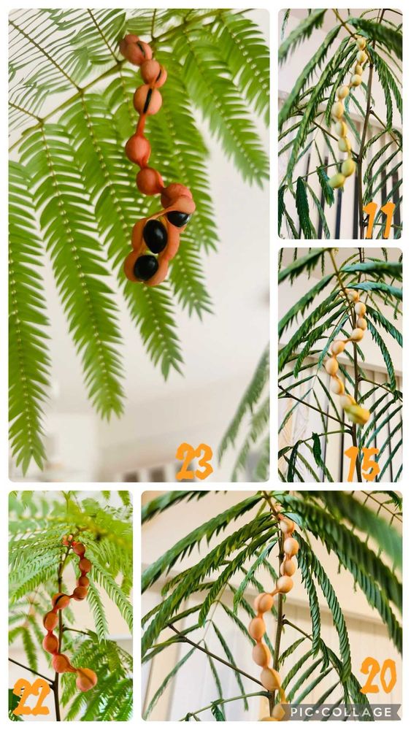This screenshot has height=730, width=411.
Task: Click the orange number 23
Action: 194,461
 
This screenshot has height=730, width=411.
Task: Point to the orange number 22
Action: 31,696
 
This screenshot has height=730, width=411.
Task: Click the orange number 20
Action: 378,675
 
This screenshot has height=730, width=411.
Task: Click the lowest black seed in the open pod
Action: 146,268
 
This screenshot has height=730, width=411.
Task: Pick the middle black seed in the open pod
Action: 155,236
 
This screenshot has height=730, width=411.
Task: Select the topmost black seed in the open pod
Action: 178,218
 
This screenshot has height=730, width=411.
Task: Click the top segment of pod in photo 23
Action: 136,48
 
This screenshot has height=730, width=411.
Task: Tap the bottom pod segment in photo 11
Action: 337,180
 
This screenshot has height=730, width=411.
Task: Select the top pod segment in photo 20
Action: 287,526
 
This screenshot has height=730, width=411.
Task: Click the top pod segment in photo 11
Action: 361,43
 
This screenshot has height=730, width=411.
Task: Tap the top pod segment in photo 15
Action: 353,296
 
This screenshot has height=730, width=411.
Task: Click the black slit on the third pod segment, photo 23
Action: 148,101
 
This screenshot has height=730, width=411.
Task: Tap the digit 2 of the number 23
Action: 185,461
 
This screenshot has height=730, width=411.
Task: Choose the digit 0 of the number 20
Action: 388,675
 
